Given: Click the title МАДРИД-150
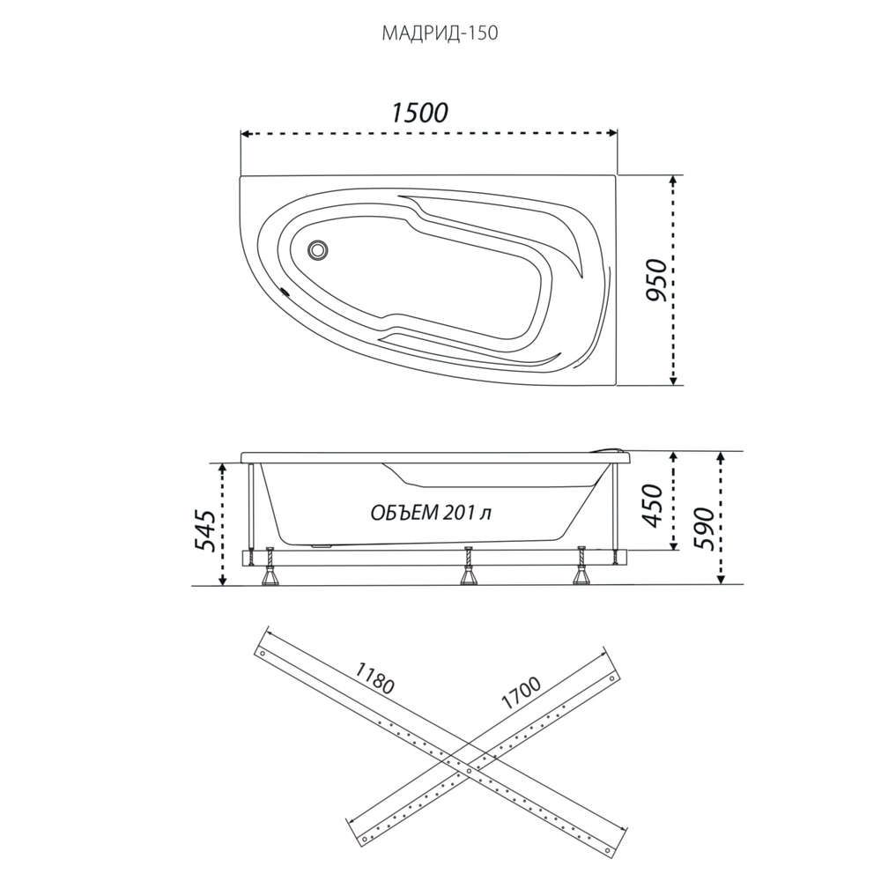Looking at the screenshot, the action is (x=440, y=33).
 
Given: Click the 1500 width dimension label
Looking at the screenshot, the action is (x=418, y=113).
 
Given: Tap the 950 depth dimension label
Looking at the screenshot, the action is (x=655, y=280).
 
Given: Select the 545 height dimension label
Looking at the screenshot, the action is (x=204, y=530).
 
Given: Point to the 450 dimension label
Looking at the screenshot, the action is (x=654, y=505).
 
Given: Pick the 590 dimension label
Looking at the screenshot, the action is (x=703, y=529).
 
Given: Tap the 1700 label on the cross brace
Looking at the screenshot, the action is (x=521, y=692).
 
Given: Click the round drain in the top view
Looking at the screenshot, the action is (x=318, y=249).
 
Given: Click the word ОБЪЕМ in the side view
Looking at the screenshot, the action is (x=404, y=513).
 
